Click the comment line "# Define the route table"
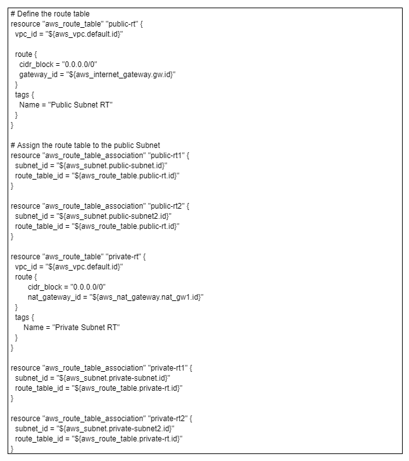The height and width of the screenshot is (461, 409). click(50, 14)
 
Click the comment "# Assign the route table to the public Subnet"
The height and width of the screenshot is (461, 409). click(85, 145)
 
